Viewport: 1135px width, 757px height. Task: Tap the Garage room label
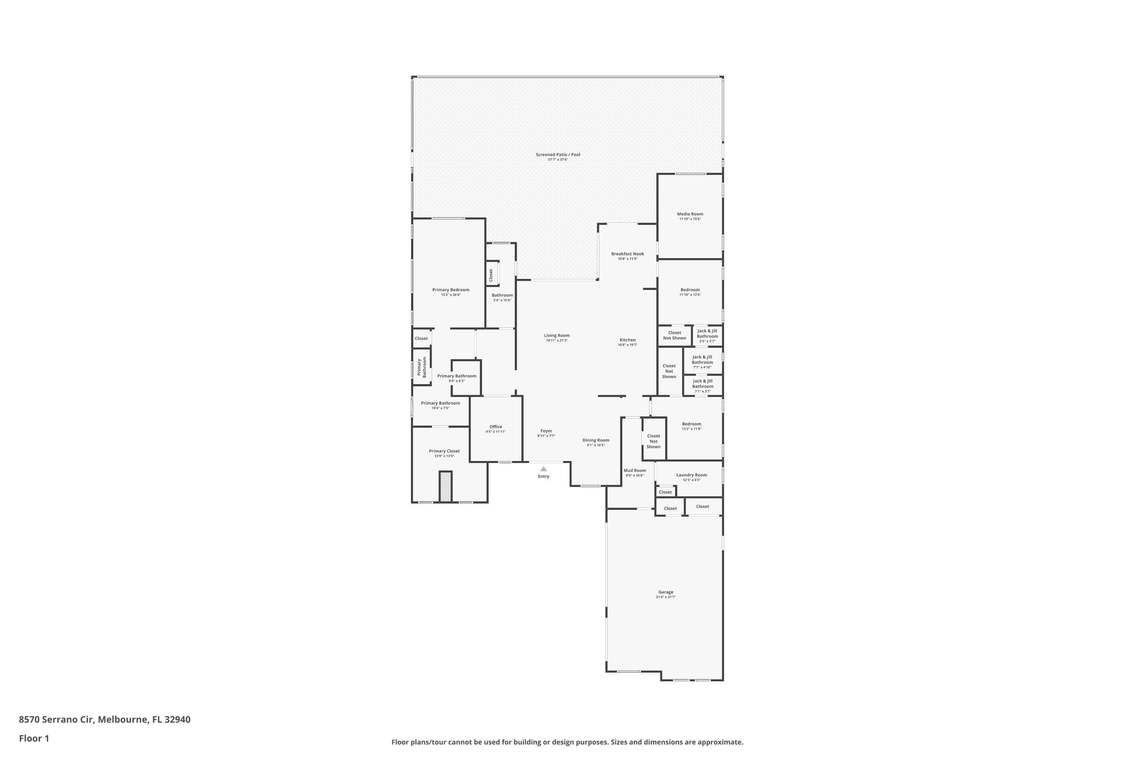665,592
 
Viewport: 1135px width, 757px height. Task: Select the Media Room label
690,214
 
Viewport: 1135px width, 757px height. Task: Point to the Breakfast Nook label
627,254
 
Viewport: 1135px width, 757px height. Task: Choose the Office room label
496,427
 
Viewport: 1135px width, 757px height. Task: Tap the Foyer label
546,431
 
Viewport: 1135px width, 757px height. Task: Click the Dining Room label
595,440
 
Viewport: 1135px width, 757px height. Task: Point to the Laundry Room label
692,475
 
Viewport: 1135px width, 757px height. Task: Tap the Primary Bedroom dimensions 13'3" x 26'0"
451,295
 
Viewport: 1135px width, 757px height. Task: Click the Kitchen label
627,340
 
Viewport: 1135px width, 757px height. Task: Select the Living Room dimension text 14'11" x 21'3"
557,340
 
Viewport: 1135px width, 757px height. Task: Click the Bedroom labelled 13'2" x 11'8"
692,424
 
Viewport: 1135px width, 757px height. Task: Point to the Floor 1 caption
34,738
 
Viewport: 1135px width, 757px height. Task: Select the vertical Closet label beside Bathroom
491,275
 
